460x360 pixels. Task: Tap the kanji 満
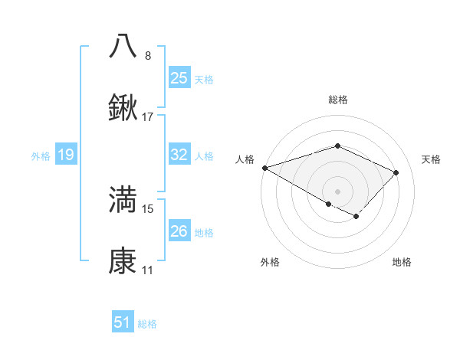coord(123,199)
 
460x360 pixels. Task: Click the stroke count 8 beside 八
coord(148,55)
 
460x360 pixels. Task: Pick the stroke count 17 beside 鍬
coord(148,117)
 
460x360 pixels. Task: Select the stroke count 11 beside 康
coord(148,270)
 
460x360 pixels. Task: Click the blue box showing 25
coord(179,77)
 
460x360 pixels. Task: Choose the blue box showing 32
coord(179,155)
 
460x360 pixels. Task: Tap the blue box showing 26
coord(179,231)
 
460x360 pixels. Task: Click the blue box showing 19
coord(66,155)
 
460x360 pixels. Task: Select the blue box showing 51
coord(123,322)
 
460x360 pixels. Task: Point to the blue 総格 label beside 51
coord(147,324)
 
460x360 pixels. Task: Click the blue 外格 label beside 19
coord(41,156)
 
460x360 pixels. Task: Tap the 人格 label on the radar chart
coord(245,159)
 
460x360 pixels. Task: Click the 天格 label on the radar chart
coord(432,159)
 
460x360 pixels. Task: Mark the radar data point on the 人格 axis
coord(264,168)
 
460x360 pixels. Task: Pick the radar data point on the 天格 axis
coord(396,172)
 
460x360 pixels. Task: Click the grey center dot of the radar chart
coord(337,191)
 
